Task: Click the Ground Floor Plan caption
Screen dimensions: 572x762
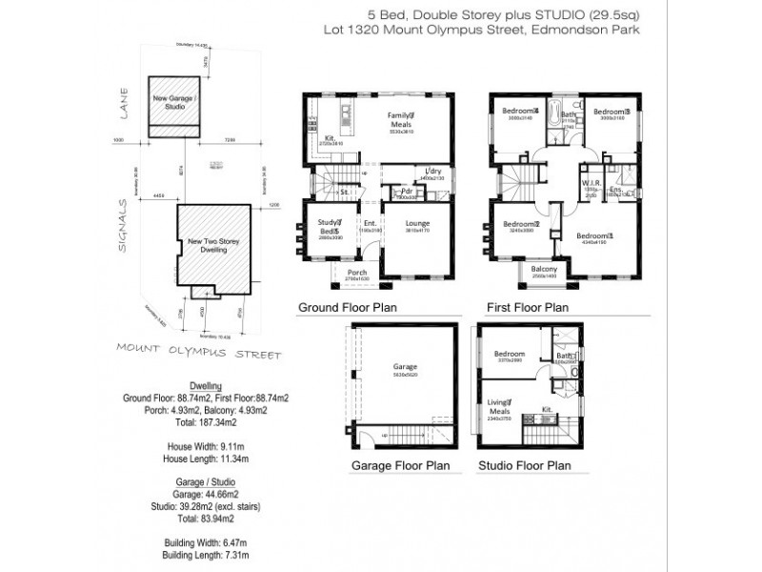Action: pyautogui.click(x=348, y=308)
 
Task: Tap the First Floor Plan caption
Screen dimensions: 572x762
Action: pyautogui.click(x=527, y=308)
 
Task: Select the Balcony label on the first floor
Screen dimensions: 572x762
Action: pyautogui.click(x=544, y=270)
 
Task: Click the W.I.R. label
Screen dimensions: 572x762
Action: pyautogui.click(x=589, y=183)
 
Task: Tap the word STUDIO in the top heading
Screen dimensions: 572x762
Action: pyautogui.click(x=561, y=13)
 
